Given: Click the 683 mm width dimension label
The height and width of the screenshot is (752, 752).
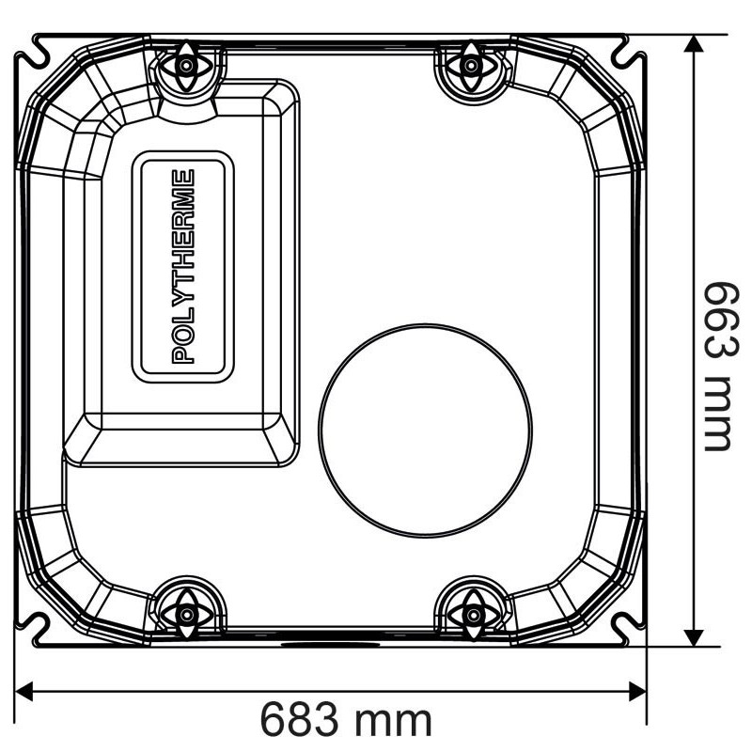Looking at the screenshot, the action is pos(346,720).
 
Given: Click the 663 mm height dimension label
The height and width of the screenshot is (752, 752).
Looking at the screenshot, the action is pos(720,366).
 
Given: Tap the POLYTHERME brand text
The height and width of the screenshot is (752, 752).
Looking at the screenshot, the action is pos(183,266).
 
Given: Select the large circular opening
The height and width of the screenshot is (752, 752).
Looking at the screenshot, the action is pos(425,431).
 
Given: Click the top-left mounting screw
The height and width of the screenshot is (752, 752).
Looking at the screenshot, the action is pos(186,65).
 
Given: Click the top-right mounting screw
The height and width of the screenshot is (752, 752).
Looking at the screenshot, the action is pos(471,65).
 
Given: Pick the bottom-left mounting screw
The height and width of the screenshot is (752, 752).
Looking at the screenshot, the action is pos(186,615).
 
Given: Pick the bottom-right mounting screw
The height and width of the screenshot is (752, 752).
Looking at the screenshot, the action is pos(473,615).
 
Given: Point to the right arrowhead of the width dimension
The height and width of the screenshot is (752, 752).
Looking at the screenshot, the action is pos(637,692).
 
